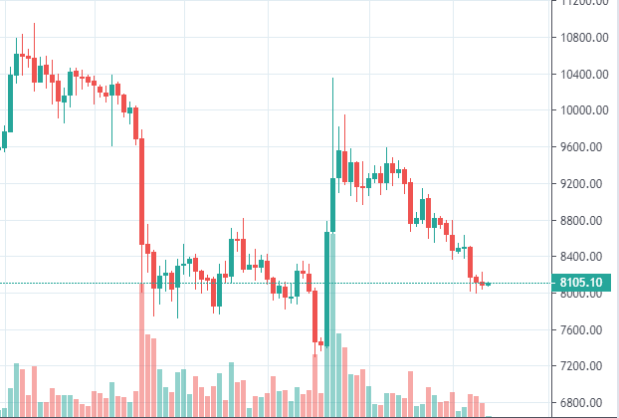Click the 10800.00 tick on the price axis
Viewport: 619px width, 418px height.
tap(585, 38)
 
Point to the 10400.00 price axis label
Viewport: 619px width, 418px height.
tap(585, 75)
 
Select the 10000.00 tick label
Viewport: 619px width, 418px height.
tap(585, 110)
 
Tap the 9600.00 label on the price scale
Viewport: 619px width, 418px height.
tap(585, 147)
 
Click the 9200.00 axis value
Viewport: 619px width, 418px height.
tap(585, 184)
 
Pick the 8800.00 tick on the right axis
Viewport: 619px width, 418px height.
tap(585, 221)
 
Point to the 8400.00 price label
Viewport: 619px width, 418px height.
tap(585, 257)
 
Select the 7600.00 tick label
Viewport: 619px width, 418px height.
tap(585, 330)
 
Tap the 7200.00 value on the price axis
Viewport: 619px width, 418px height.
tap(585, 366)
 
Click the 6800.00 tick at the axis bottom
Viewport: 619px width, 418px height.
tap(585, 403)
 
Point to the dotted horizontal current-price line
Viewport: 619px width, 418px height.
tap(249, 284)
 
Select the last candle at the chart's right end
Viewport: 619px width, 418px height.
tap(488, 284)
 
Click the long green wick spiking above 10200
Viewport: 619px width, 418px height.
tap(332, 109)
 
